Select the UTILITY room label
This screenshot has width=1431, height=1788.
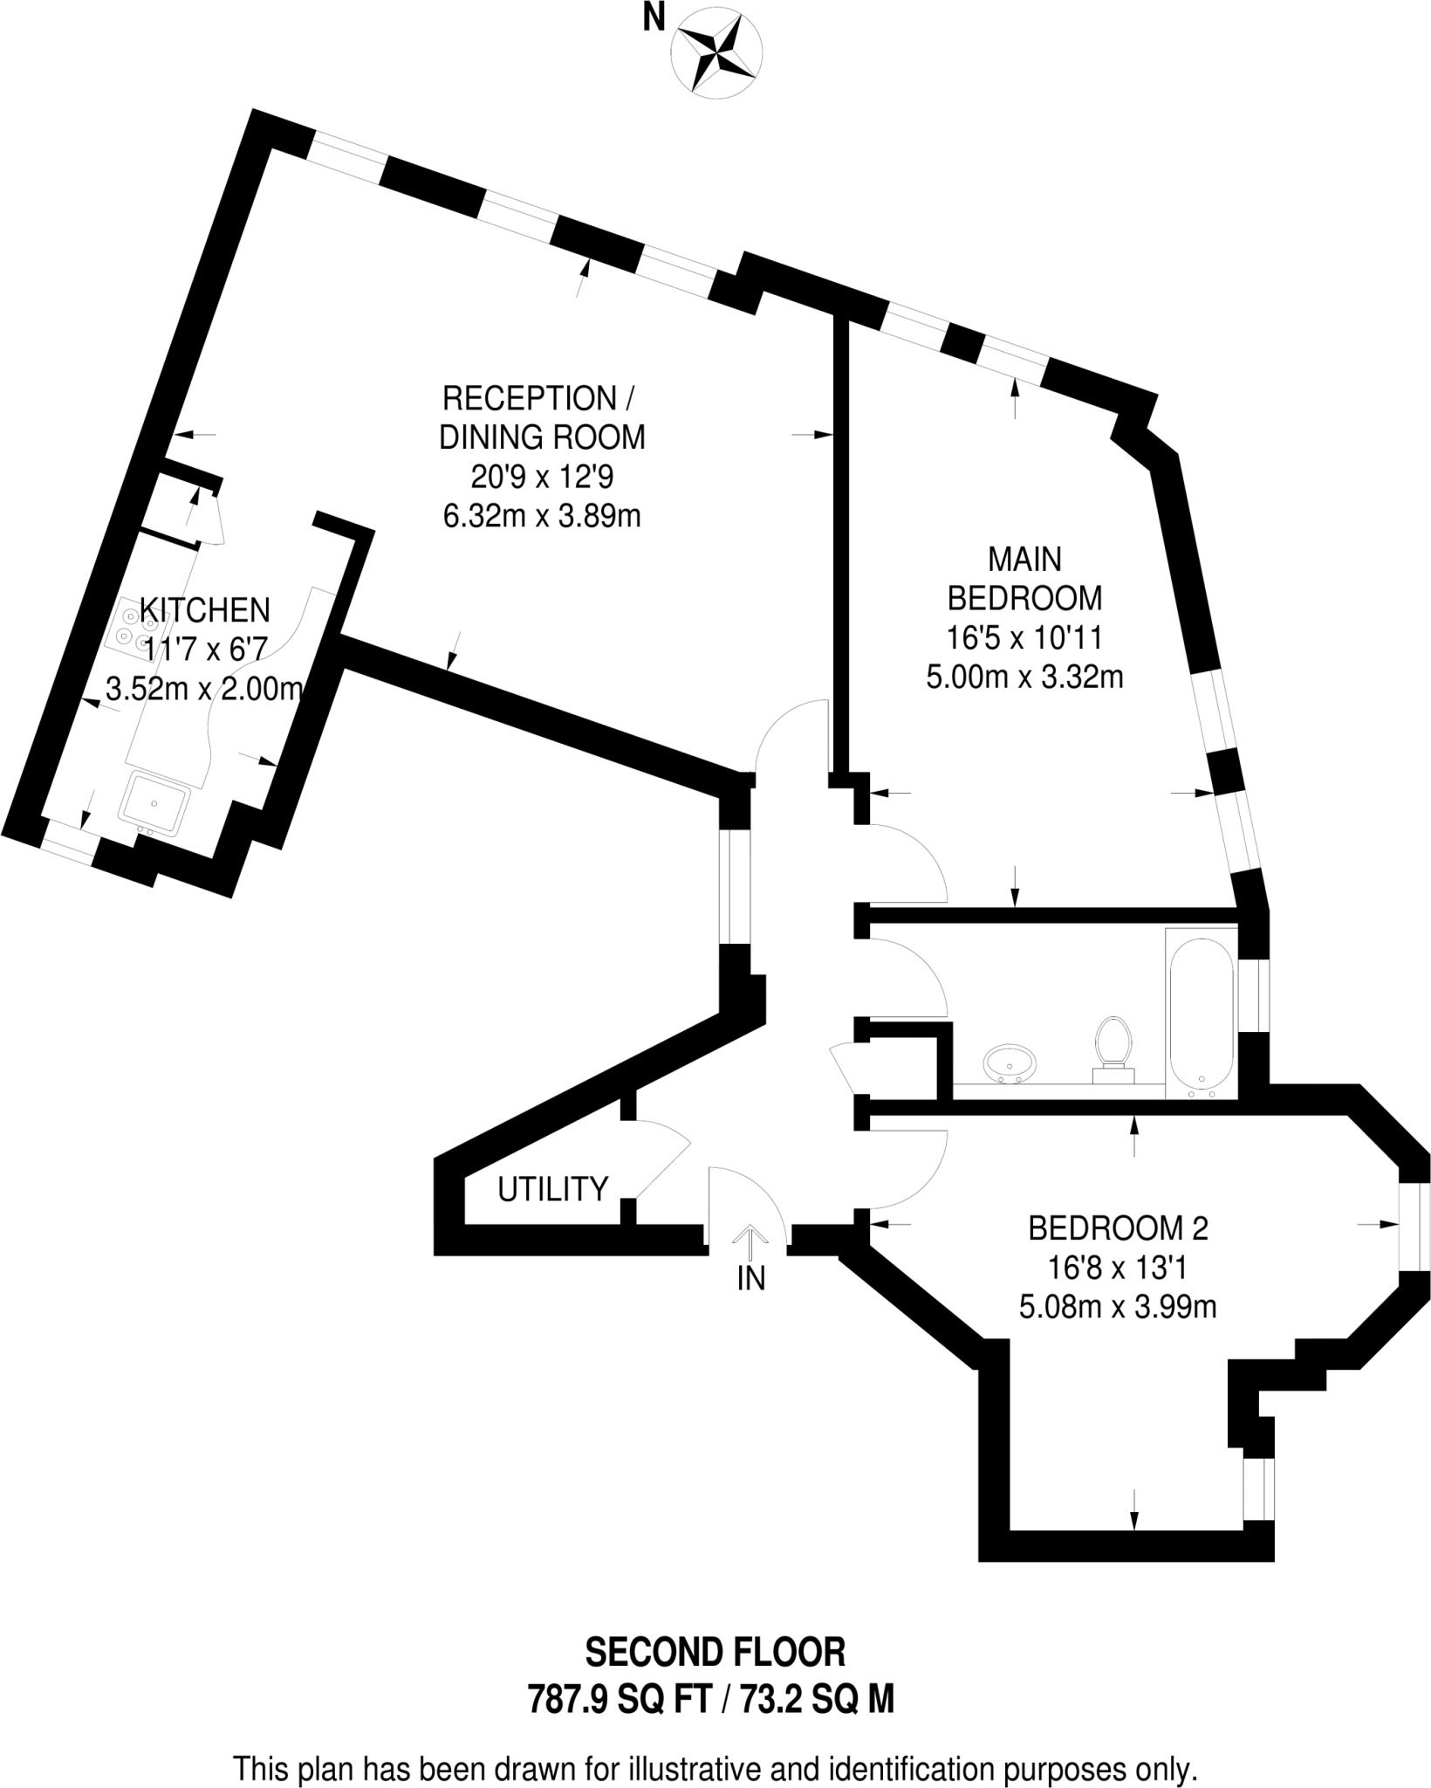click(552, 1189)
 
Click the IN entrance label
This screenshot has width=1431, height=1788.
click(750, 1279)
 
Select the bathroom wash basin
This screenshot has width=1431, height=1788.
click(1010, 1063)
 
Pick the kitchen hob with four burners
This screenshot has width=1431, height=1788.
click(136, 630)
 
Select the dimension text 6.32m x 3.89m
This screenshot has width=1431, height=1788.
click(542, 516)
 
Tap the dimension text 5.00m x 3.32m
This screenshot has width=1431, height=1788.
click(1024, 677)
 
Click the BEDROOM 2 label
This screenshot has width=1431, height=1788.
click(1118, 1228)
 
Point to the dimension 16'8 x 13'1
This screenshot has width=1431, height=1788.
click(1118, 1268)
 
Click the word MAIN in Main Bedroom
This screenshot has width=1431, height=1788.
click(1024, 558)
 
